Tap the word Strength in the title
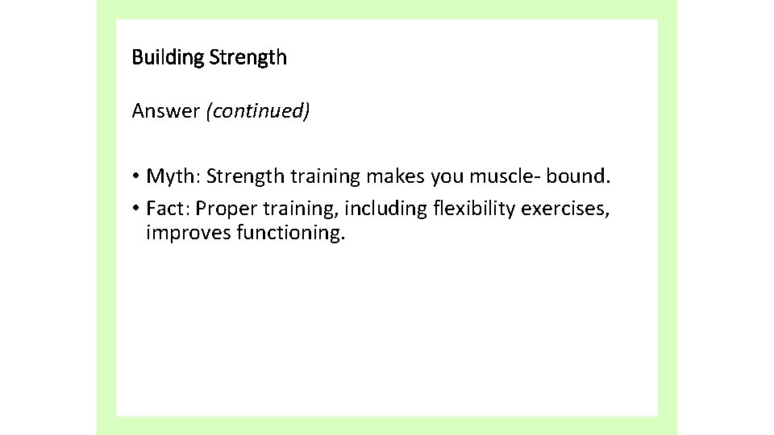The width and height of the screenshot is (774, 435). tap(248, 58)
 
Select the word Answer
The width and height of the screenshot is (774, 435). tap(165, 110)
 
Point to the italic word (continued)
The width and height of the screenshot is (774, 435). tap(258, 110)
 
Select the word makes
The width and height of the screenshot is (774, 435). tap(389, 176)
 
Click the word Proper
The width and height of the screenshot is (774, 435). tap(224, 209)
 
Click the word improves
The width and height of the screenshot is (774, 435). tap(187, 234)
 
